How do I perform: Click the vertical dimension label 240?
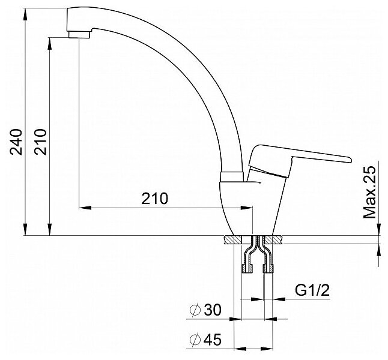pos(16,142)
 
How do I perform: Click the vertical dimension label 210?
pos(40,142)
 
